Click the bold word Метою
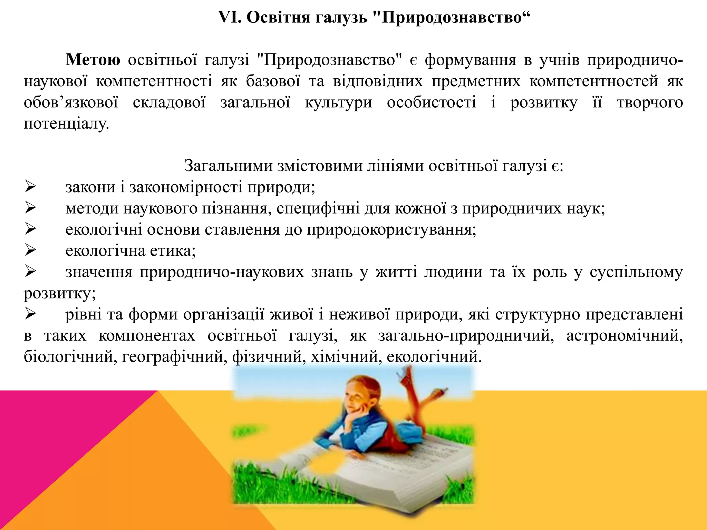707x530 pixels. (x=93, y=60)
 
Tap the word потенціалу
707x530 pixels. (x=66, y=124)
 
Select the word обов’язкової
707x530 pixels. (x=71, y=102)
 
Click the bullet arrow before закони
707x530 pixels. (x=30, y=187)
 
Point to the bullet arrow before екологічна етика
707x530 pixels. (x=30, y=251)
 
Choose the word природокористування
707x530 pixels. (x=391, y=230)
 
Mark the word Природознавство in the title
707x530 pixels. (x=452, y=17)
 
